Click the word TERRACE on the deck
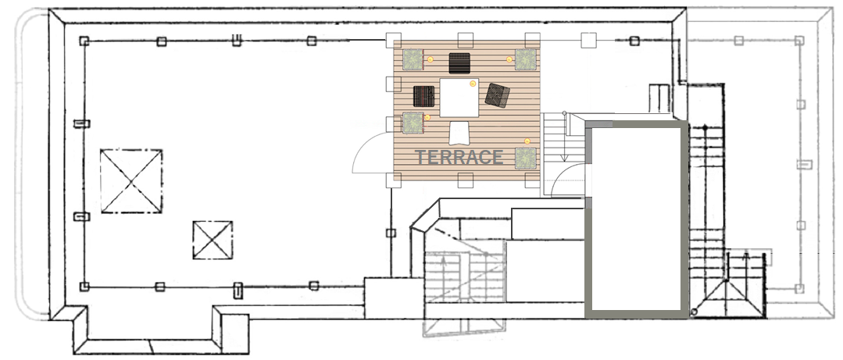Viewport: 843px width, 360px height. point(459,158)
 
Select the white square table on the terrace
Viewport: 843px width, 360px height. point(459,98)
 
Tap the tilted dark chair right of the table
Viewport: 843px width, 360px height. point(498,95)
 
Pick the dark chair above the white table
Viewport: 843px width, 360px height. point(459,63)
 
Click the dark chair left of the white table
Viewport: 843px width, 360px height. point(424,96)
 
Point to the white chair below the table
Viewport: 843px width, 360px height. point(459,133)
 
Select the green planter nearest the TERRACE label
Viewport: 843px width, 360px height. point(526,159)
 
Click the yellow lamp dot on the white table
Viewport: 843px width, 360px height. point(473,84)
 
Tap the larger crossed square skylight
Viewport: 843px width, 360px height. point(131,181)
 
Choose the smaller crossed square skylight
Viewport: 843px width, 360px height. point(213,240)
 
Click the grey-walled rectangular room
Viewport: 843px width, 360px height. point(636,219)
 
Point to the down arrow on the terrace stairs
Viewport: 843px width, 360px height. point(565,137)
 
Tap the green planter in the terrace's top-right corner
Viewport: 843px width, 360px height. point(526,59)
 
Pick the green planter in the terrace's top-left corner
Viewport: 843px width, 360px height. point(413,59)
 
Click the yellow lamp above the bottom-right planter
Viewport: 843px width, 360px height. point(527,141)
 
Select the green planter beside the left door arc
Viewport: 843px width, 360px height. point(413,123)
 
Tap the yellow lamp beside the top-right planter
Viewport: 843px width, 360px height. point(509,59)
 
